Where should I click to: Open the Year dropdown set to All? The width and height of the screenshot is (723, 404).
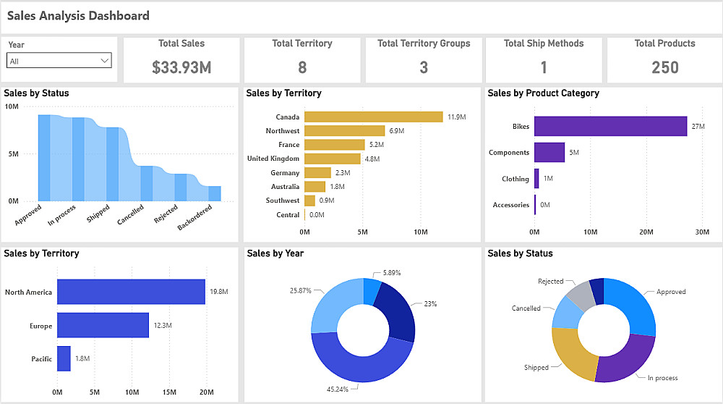tap(59, 61)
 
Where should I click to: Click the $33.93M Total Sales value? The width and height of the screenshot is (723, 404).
tap(181, 68)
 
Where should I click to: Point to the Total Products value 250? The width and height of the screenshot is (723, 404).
tap(664, 68)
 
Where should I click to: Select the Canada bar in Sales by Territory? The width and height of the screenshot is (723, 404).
tap(373, 117)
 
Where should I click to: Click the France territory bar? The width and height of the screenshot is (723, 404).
tap(334, 145)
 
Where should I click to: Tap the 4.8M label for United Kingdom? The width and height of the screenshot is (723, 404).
tap(372, 159)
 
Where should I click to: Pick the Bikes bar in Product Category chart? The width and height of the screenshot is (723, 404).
tap(610, 126)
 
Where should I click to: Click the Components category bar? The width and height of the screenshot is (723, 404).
tap(549, 152)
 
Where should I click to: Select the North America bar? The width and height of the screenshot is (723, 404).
tap(131, 292)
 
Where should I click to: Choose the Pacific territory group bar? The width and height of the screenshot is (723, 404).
tap(64, 358)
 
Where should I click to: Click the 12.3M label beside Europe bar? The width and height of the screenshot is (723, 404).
tap(163, 326)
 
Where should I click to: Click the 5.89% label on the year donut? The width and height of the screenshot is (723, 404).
tap(390, 273)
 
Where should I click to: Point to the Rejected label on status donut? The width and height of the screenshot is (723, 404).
tap(550, 282)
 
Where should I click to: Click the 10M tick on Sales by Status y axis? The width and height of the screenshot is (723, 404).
tap(12, 106)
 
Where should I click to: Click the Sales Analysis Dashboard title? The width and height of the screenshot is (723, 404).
tap(78, 16)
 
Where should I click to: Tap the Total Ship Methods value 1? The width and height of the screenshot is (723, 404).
tap(544, 68)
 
